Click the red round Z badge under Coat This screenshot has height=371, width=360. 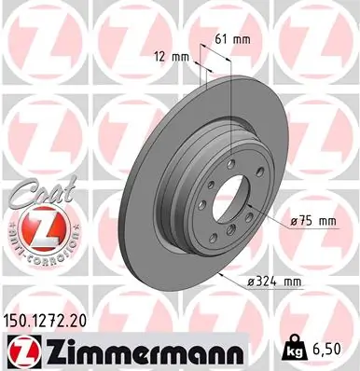[x=36, y=227]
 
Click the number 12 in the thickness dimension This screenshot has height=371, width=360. [x=161, y=56]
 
